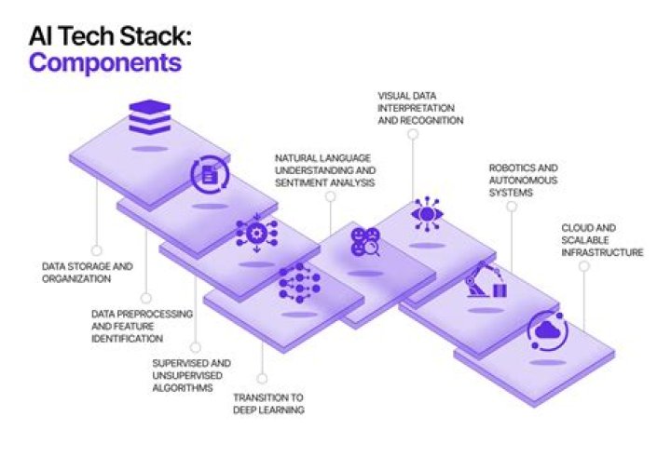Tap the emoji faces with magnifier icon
click(364, 242)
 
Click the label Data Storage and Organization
click(88, 272)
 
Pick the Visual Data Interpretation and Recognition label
click(420, 107)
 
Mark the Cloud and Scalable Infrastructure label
click(602, 239)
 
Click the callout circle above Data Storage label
click(95, 249)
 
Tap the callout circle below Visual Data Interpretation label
click(411, 134)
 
